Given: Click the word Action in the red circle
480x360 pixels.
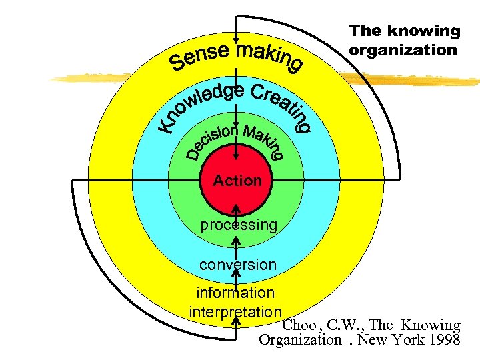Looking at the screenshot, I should click(237, 181).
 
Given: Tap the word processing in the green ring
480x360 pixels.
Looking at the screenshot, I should click(239, 225).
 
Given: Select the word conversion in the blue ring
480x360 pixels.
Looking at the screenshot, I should click(237, 265).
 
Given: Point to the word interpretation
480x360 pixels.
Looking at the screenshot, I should click(235, 311).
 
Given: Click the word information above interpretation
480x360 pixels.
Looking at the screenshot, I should click(235, 292).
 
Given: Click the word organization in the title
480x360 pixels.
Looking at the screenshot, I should click(403, 50).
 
